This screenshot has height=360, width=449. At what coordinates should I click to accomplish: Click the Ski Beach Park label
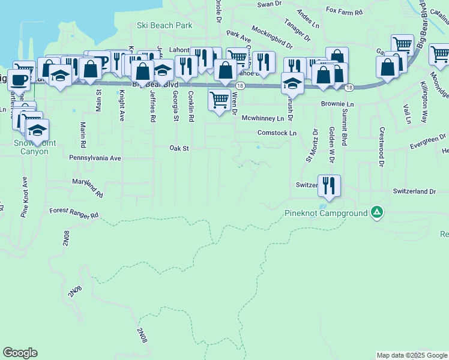pos(164,26)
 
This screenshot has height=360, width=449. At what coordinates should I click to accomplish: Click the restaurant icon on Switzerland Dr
pos(328,185)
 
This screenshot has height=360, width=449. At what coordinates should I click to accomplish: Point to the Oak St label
pos(179,148)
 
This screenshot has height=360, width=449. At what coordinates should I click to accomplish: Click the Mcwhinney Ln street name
pos(262,119)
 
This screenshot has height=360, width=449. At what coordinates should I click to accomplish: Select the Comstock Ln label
pos(277,133)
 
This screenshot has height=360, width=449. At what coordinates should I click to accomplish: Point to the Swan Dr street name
pos(269,4)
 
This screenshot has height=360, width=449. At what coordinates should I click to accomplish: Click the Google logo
pos(20,353)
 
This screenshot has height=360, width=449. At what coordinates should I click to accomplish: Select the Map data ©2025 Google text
pos(411,355)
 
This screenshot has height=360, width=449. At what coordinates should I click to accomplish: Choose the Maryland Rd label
pos(88,188)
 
